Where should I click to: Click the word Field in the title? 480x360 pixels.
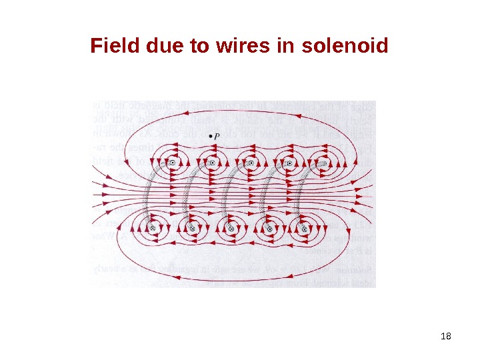(x=111, y=47)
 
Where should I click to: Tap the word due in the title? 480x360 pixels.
(x=153, y=47)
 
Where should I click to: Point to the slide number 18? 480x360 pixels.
(x=447, y=335)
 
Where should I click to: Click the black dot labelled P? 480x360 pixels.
(x=211, y=137)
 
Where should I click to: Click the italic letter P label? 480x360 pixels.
(x=217, y=137)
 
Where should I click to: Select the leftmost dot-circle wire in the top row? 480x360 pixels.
(x=173, y=162)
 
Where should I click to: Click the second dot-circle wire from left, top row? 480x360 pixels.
(x=211, y=162)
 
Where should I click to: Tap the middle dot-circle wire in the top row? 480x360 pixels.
(x=250, y=162)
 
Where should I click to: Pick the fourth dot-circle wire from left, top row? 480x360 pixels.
(x=288, y=162)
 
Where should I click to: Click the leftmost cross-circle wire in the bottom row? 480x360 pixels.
(x=152, y=228)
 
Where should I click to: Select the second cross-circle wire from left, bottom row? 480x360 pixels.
(x=191, y=228)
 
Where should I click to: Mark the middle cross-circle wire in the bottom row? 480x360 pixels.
(x=230, y=228)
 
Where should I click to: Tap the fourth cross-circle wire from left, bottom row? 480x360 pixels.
(x=267, y=228)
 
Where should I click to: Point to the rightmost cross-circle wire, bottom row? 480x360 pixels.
(x=305, y=228)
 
